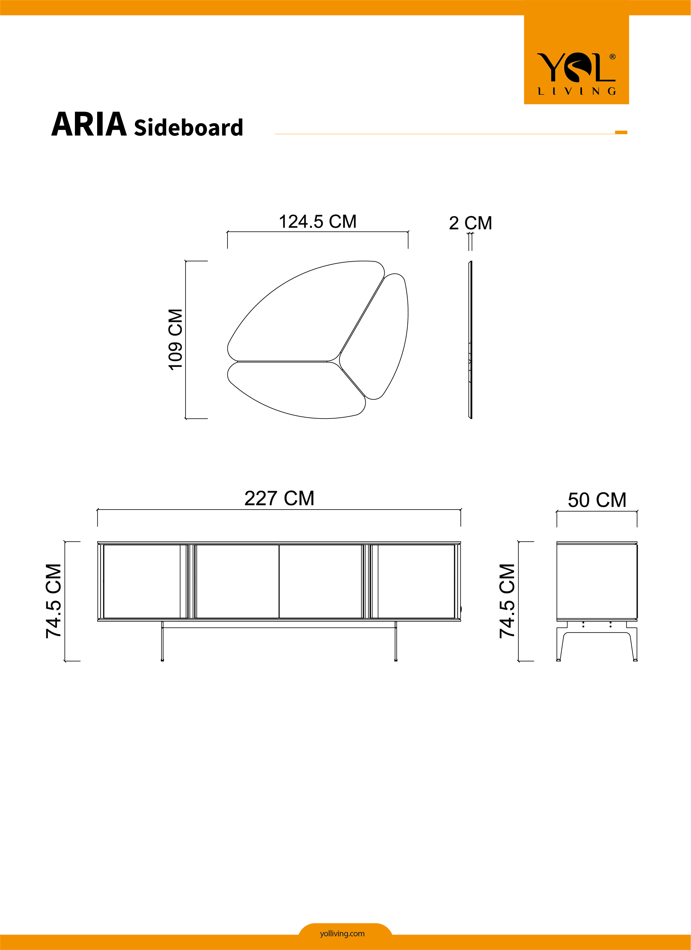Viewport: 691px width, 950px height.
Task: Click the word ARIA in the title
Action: [89, 124]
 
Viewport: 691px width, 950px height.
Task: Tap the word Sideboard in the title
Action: [189, 127]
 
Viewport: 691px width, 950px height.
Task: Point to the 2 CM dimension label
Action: [470, 223]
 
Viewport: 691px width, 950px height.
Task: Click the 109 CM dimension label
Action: [175, 340]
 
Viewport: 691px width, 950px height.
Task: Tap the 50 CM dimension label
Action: [597, 500]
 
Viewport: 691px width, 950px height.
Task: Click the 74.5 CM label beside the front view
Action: [54, 601]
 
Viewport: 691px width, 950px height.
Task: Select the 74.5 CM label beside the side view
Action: [507, 601]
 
